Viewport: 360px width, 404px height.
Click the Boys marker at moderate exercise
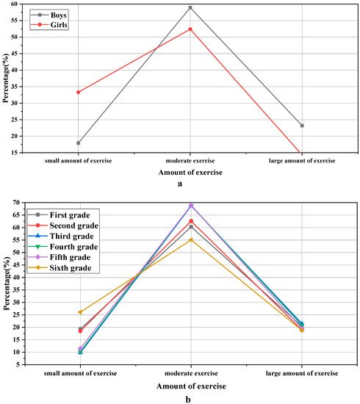click(190, 7)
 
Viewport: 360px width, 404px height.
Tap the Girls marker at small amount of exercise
click(79, 92)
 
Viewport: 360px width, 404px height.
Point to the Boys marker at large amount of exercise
click(301, 126)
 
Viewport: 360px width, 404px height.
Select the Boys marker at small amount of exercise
click(79, 143)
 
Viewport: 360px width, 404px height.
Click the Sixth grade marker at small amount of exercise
click(80, 312)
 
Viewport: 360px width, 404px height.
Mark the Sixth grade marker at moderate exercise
click(191, 239)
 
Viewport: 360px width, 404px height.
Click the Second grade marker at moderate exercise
click(191, 221)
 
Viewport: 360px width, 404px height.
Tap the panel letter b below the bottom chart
click(190, 399)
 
